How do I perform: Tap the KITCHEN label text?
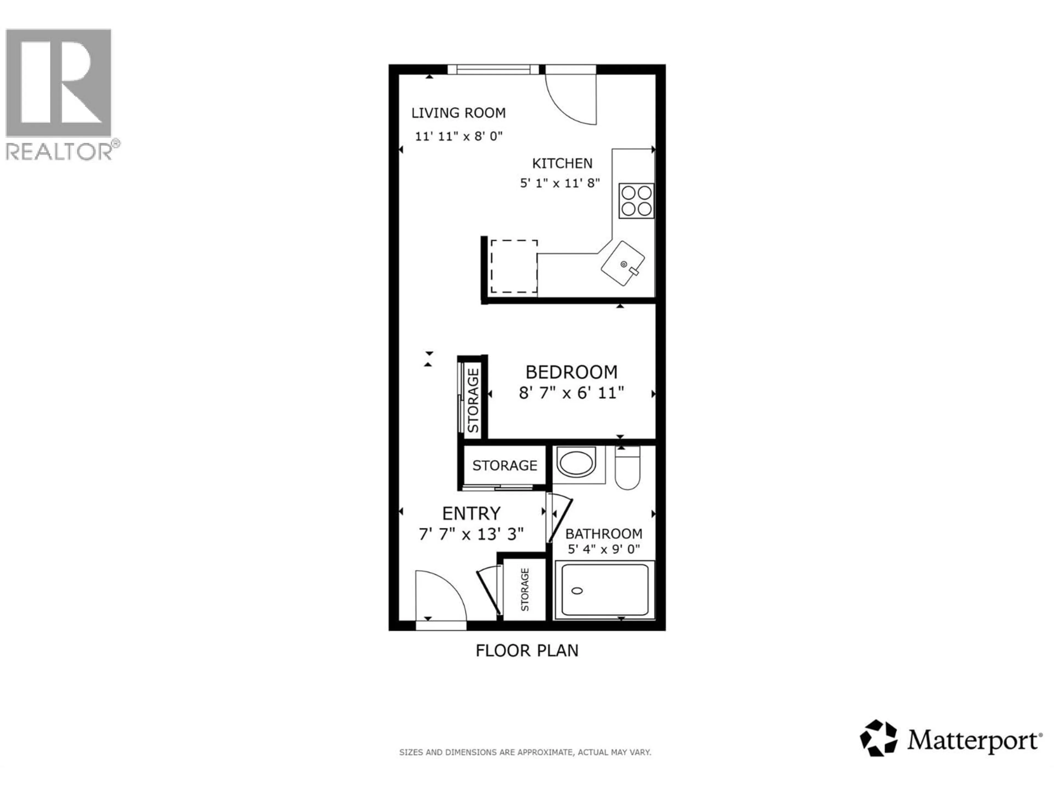click(562, 163)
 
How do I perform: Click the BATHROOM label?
click(603, 534)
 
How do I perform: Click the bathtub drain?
click(577, 591)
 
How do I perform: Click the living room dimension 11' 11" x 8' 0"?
click(458, 136)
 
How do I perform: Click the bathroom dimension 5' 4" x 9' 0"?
click(603, 549)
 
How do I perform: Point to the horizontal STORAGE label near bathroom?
click(504, 465)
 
